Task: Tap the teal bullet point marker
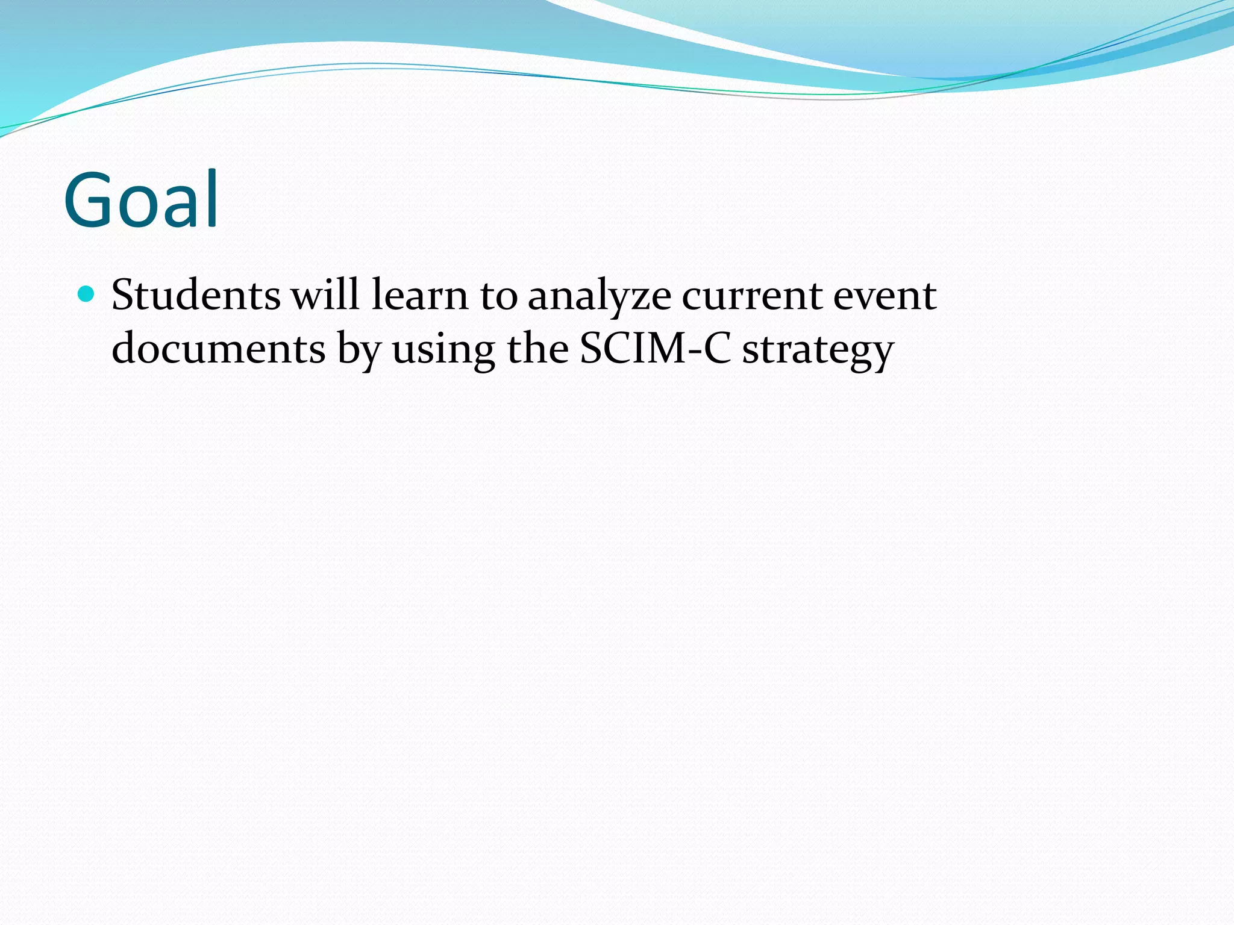click(x=87, y=294)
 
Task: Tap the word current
click(x=752, y=296)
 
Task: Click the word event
click(x=885, y=296)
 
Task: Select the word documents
click(x=219, y=349)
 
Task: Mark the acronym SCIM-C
click(x=655, y=349)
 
